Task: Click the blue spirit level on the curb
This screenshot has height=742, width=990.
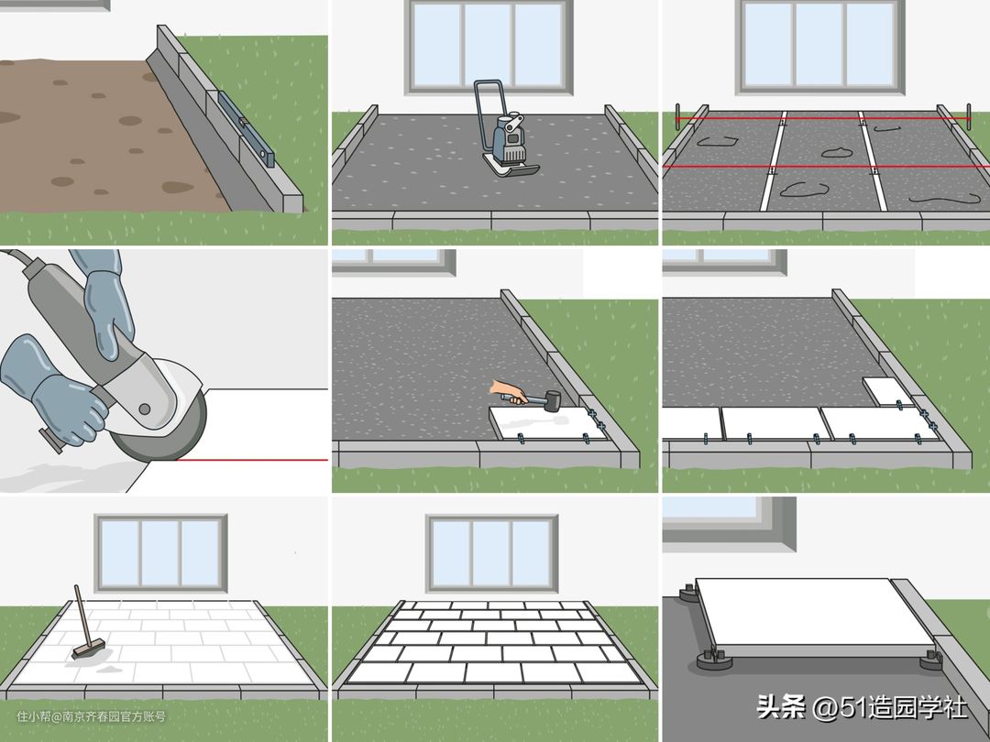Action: coord(247,129)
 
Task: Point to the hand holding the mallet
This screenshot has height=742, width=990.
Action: coord(509,391)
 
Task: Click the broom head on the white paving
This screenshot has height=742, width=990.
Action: coord(88,649)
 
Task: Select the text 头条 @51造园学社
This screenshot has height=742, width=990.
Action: coord(861,706)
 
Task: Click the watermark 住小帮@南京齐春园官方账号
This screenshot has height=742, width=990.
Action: coord(91,716)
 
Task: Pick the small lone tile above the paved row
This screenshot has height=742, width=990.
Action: coord(887,391)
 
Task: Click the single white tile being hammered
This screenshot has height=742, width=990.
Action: coord(546,422)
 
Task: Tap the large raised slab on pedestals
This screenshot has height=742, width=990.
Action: coord(815,616)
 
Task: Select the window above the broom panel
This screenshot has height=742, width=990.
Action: coord(160,553)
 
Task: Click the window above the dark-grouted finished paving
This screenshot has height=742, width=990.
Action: coord(492,553)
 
